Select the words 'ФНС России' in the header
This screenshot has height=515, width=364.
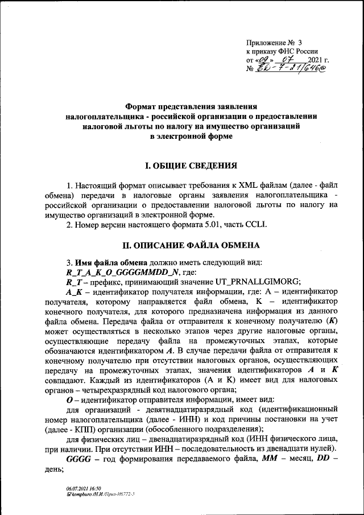click(298, 51)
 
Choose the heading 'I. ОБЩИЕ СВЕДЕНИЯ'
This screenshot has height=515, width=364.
click(191, 166)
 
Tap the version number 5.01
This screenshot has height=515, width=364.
click(218, 224)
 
